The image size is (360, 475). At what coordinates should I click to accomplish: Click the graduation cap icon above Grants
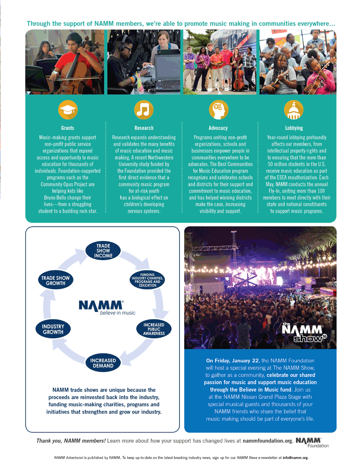pos(68,110)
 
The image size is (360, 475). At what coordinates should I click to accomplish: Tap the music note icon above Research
pos(144,110)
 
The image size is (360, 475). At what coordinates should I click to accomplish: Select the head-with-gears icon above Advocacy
pos(219,110)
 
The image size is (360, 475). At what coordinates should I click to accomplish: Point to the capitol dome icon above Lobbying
pos(293,110)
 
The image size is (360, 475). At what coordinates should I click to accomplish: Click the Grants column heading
pos(68,128)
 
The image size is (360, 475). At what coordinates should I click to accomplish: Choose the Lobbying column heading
pos(294,128)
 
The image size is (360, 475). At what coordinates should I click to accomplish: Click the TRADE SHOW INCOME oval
pos(103,251)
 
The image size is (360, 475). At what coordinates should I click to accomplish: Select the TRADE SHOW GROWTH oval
pos(55,281)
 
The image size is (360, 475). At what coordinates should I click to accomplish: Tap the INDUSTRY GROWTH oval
pos(53,329)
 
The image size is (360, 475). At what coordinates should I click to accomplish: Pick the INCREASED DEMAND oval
pos(103,363)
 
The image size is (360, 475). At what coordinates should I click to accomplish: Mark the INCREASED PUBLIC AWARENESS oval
pos(154,329)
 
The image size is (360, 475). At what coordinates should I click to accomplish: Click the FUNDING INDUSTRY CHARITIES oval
pos(147,280)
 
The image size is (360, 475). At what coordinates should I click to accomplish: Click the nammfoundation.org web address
pos(267,441)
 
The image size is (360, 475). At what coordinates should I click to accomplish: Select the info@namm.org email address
pos(295,458)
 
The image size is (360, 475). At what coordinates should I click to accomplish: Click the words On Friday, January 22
pos(232,360)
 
